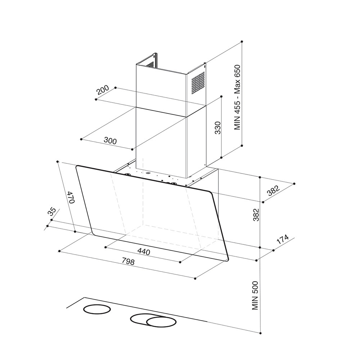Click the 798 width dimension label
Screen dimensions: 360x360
pyautogui.click(x=128, y=261)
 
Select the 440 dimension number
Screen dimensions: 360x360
pyautogui.click(x=144, y=252)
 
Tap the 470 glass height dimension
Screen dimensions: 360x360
pyautogui.click(x=71, y=197)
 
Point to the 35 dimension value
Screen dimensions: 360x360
pyautogui.click(x=51, y=211)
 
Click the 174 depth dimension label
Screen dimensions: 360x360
pyautogui.click(x=282, y=239)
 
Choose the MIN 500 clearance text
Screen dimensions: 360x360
pyautogui.click(x=255, y=295)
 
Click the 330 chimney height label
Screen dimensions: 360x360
pyautogui.click(x=217, y=128)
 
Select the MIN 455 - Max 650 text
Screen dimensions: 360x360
pyautogui.click(x=237, y=97)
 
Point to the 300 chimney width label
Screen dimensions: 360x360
pyautogui.click(x=110, y=140)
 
